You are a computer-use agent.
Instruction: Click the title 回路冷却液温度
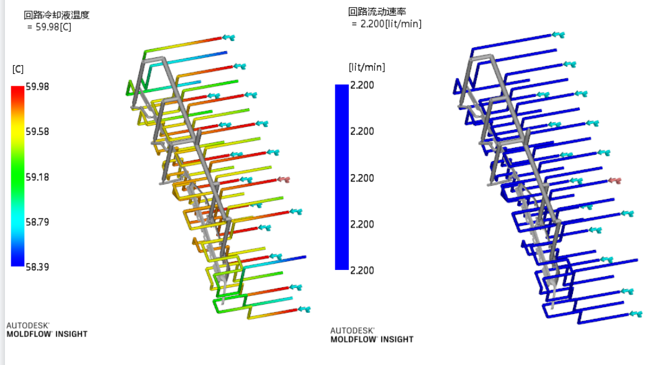(56, 15)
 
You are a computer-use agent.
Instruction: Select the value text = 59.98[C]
(49, 27)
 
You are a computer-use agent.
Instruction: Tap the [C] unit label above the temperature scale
(18, 69)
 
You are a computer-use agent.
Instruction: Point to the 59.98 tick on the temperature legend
(37, 86)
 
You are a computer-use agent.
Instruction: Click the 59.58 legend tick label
(37, 132)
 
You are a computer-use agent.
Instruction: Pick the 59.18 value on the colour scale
(37, 177)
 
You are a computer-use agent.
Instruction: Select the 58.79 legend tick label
(37, 222)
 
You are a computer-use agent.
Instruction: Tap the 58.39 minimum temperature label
(37, 267)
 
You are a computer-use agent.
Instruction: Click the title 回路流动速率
(377, 12)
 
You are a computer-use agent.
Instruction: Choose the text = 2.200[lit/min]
(387, 24)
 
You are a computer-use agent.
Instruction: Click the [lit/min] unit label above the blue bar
(367, 67)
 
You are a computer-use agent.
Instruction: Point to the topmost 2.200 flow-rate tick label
(362, 85)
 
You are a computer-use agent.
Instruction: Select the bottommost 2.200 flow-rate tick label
(362, 270)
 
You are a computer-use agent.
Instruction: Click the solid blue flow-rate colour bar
(341, 177)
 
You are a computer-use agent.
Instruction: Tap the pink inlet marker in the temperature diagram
(284, 180)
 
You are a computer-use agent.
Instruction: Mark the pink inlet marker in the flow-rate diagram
(615, 180)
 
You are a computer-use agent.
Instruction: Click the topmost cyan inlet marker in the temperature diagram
(228, 37)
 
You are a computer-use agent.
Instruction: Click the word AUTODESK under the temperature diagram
(28, 325)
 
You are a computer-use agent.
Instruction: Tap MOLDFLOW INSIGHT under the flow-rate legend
(372, 340)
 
